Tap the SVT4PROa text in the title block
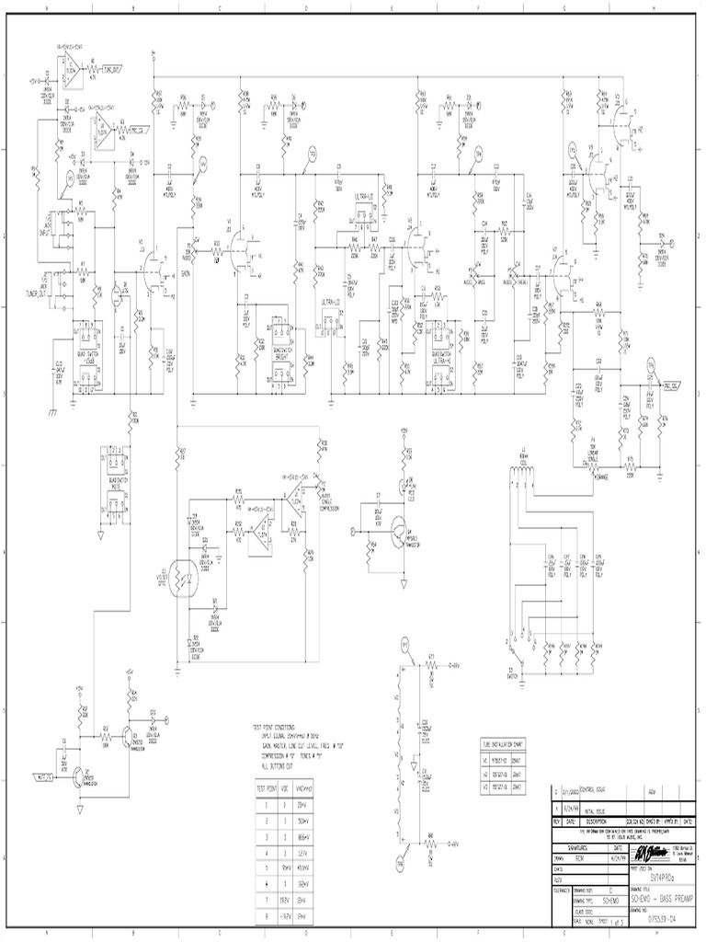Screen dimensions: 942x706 661,852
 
